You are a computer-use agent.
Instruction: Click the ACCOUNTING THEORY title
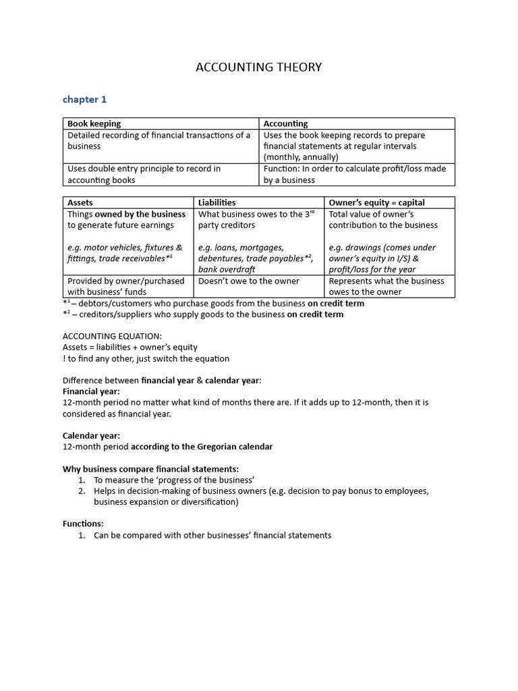(x=258, y=67)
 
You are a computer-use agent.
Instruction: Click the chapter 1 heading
(x=84, y=99)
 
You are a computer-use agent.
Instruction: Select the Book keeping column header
(x=94, y=123)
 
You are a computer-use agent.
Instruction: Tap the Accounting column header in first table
(x=285, y=123)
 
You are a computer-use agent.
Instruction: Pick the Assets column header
(x=80, y=202)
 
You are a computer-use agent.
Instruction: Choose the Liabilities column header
(x=217, y=202)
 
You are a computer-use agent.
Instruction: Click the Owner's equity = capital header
(x=376, y=202)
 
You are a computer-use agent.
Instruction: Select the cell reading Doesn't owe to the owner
(x=248, y=281)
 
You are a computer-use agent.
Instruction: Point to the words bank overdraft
(x=227, y=269)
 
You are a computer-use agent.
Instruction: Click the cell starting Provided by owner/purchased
(x=126, y=286)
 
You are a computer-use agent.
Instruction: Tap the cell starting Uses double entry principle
(x=144, y=174)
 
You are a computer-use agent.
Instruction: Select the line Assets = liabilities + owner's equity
(x=130, y=347)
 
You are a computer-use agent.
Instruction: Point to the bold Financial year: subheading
(x=91, y=391)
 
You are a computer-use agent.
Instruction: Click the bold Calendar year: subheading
(x=91, y=436)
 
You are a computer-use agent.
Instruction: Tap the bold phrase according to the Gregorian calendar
(x=202, y=447)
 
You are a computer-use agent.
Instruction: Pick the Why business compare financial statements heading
(x=150, y=469)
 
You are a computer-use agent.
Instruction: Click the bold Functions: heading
(x=83, y=524)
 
